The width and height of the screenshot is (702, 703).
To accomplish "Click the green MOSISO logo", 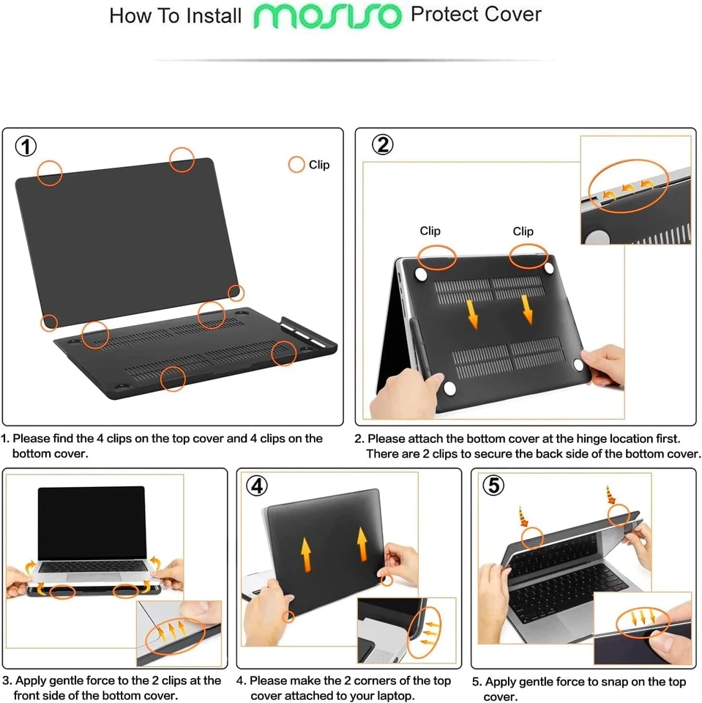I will [327, 15].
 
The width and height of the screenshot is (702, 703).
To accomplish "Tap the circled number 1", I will [26, 146].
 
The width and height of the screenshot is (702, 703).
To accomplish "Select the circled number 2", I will [382, 145].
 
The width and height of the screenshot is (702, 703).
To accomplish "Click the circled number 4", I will [257, 486].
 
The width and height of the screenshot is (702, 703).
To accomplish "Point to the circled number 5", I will [494, 486].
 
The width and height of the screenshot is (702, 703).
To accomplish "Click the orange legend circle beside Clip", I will [296, 165].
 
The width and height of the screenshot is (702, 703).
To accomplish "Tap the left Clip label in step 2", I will [430, 231].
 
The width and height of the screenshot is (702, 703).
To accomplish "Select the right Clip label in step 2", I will [523, 231].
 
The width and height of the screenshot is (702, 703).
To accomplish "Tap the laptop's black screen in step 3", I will [92, 521].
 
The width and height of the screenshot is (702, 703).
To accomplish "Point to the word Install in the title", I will [207, 15].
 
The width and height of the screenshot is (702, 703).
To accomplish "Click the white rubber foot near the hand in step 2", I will [577, 364].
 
